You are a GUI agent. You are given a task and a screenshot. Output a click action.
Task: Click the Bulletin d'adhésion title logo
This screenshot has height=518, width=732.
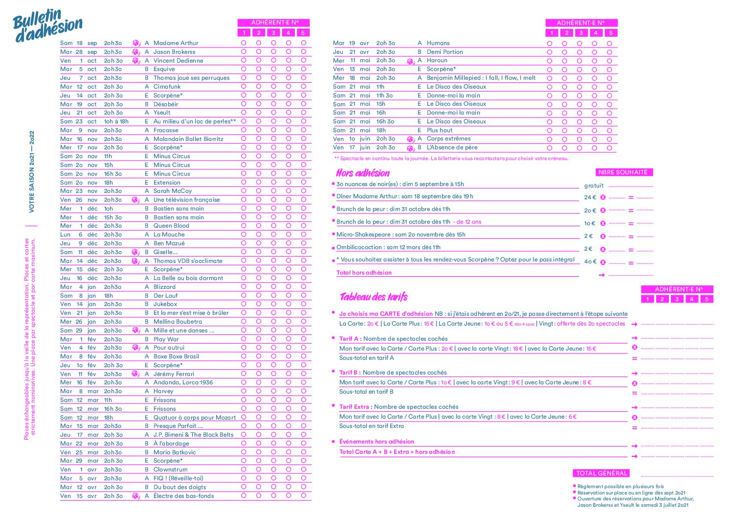click(47, 25)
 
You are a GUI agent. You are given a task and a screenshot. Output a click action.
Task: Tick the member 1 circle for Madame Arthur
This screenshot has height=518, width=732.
click(244, 43)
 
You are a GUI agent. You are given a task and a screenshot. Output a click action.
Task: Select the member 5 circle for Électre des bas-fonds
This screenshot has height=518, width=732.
click(303, 495)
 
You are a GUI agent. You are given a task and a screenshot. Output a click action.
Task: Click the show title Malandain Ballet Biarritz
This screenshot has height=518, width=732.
click(188, 139)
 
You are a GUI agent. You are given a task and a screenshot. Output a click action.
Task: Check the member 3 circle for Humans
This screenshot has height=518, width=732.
click(579, 44)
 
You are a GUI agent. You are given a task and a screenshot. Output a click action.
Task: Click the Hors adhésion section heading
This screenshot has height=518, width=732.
click(363, 173)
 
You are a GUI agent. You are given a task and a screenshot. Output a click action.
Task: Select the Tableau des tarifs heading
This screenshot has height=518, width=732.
click(374, 297)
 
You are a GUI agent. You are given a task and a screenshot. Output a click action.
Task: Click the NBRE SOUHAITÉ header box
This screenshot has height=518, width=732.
click(623, 172)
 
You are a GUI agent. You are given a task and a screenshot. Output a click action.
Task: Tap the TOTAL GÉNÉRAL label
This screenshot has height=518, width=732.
click(601, 473)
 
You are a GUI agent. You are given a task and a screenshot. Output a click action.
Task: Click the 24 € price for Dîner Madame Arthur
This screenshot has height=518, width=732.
click(590, 197)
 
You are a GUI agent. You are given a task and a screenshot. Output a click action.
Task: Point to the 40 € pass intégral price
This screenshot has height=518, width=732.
click(590, 261)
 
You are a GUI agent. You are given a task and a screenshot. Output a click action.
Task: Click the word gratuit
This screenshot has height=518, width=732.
click(594, 186)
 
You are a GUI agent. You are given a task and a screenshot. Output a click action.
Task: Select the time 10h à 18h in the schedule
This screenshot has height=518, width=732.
click(116, 121)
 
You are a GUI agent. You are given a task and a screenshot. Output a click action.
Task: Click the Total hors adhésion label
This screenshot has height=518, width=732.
click(364, 273)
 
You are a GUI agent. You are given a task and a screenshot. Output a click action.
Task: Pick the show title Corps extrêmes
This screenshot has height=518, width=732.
click(448, 139)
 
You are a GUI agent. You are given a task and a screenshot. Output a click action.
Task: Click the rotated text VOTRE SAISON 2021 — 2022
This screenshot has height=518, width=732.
click(32, 171)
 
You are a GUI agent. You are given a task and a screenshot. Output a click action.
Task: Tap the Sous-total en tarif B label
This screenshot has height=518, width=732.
click(366, 392)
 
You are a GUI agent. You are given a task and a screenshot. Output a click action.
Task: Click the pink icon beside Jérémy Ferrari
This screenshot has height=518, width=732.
click(136, 374)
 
